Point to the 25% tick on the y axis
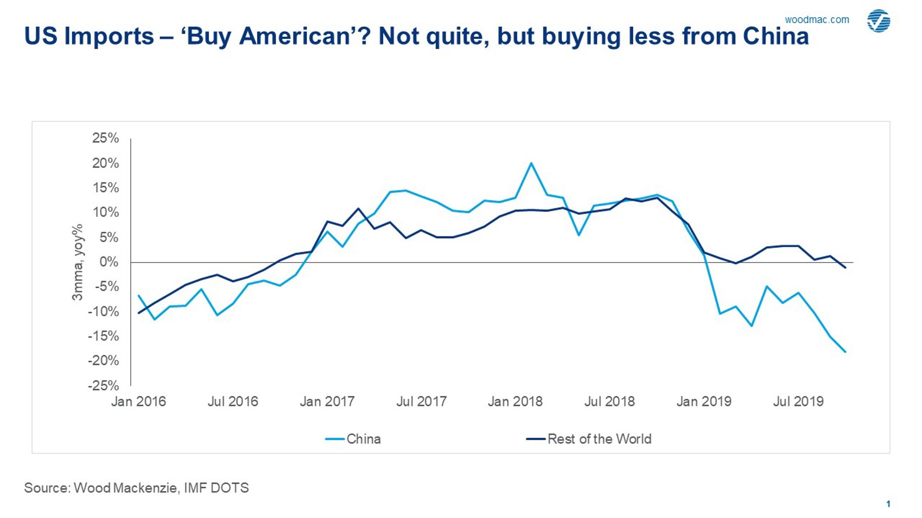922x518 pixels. pyautogui.click(x=106, y=138)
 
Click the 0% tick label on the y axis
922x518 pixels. pyautogui.click(x=109, y=262)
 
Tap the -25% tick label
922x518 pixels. pyautogui.click(x=103, y=385)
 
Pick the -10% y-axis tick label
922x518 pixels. pyautogui.click(x=103, y=311)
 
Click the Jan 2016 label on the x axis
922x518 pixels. pyautogui.click(x=138, y=401)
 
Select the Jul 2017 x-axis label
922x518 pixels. pyautogui.click(x=421, y=401)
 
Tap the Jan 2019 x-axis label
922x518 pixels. pyautogui.click(x=704, y=401)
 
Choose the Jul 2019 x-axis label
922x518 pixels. pyautogui.click(x=798, y=401)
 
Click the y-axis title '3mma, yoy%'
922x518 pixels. pyautogui.click(x=77, y=262)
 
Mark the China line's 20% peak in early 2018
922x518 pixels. pyautogui.click(x=531, y=163)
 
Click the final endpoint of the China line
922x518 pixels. pyautogui.click(x=845, y=352)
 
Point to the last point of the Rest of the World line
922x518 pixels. pyautogui.click(x=845, y=268)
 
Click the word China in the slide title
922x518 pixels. pyautogui.click(x=776, y=36)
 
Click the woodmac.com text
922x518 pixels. pyautogui.click(x=816, y=20)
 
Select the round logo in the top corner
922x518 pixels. pyautogui.click(x=878, y=21)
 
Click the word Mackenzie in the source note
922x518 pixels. pyautogui.click(x=145, y=488)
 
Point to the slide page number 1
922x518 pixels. pyautogui.click(x=888, y=504)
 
